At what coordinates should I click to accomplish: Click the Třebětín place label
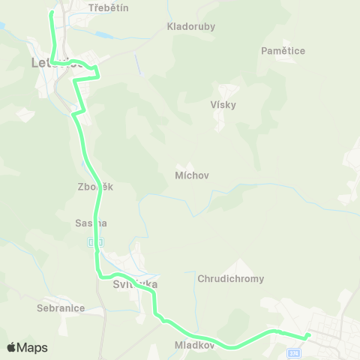pos(109,7)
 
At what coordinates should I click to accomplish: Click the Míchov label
pos(191,175)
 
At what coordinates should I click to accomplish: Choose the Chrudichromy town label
pos(231,279)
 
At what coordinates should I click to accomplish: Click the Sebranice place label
pos(61,307)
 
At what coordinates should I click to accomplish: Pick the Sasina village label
pos(91,223)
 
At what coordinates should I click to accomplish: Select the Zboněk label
pos(94,187)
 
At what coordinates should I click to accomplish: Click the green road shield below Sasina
pos(93,241)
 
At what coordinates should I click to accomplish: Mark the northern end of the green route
pos(51,12)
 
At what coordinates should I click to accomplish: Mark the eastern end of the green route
pos(308,335)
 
